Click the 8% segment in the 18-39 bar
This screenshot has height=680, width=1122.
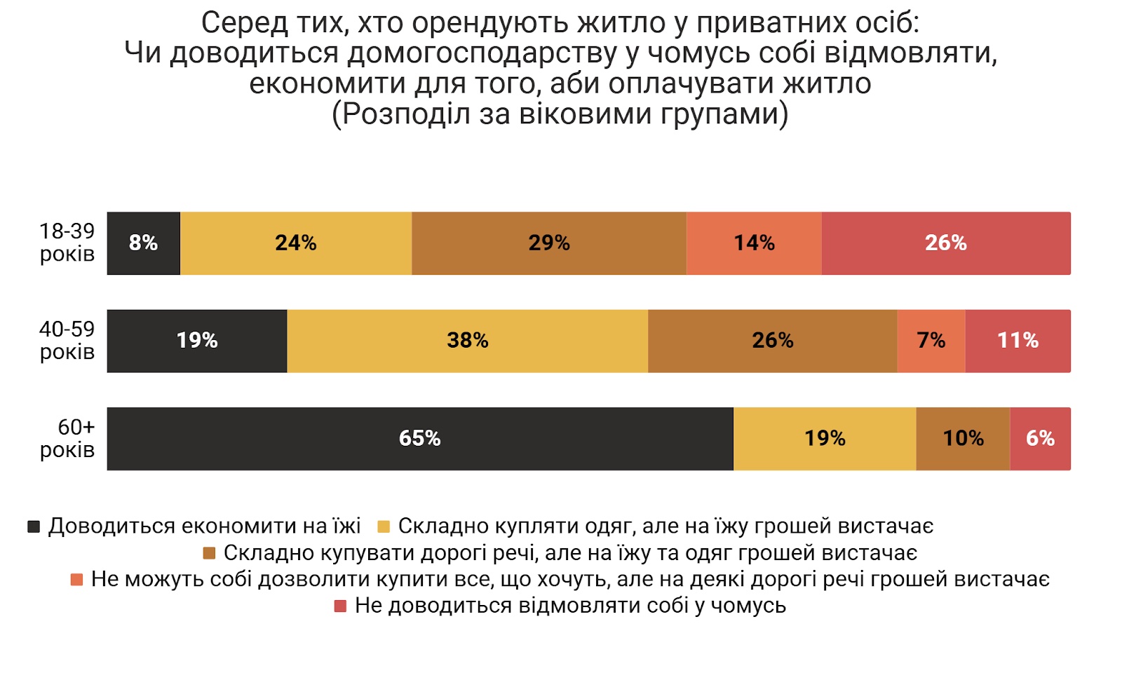point(144,243)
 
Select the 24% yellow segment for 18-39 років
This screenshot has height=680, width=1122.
point(296,243)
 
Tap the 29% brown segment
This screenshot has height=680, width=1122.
point(549,243)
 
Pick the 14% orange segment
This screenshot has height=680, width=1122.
point(754,243)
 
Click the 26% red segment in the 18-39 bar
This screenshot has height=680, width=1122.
point(946,243)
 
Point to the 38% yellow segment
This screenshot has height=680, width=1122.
point(468,341)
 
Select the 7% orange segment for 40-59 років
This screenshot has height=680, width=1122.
point(931,341)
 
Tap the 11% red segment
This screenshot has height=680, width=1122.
point(1018,341)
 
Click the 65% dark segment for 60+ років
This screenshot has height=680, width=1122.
point(420,439)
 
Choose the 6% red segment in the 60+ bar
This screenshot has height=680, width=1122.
point(1040,439)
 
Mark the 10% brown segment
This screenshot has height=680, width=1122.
point(963,439)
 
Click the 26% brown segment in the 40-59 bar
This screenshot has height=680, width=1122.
point(773,341)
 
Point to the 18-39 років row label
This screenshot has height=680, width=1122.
point(67,242)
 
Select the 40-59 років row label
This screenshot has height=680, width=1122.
point(67,340)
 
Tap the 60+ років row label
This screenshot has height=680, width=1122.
point(67,438)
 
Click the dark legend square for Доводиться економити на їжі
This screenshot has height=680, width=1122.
point(34,526)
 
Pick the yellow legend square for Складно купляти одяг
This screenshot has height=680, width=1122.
point(384,526)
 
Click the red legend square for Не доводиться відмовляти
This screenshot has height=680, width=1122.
point(341,606)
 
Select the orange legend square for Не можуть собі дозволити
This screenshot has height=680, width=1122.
point(77,580)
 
